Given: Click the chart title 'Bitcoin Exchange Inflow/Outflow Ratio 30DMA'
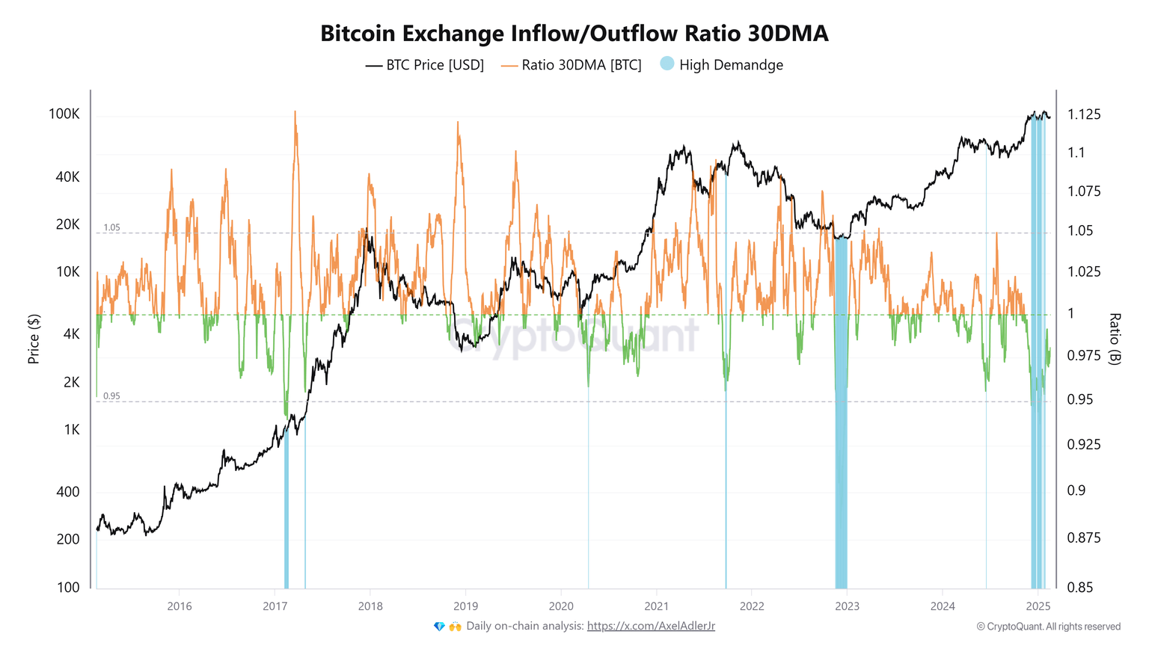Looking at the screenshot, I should coord(574,34).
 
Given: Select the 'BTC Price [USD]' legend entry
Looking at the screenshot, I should coord(425,65).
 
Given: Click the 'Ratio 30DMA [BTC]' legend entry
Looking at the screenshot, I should coord(572,65).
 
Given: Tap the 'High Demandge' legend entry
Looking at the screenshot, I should coord(722,65).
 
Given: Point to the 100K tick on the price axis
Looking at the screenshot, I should coord(64,114).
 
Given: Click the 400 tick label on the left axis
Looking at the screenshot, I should coord(68,492).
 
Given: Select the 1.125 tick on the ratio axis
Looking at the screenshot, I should coord(1084,114).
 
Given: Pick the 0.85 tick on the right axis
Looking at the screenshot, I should coord(1080,588).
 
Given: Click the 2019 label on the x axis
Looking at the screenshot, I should coord(465,606).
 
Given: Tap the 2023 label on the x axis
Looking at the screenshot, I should coord(847,606).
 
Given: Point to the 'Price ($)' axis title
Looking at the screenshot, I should coord(34,339).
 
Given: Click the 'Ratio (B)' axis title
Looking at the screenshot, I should coord(1115,339).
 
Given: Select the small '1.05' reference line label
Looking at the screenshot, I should coord(111,227).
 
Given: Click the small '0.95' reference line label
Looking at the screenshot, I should coord(111,396).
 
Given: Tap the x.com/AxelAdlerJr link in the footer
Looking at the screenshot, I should coord(651,626).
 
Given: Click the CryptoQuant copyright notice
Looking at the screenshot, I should coord(1048,627).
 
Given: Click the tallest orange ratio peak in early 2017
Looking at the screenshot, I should coord(295,114).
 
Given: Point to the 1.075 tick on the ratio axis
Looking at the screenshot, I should coord(1084,191).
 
